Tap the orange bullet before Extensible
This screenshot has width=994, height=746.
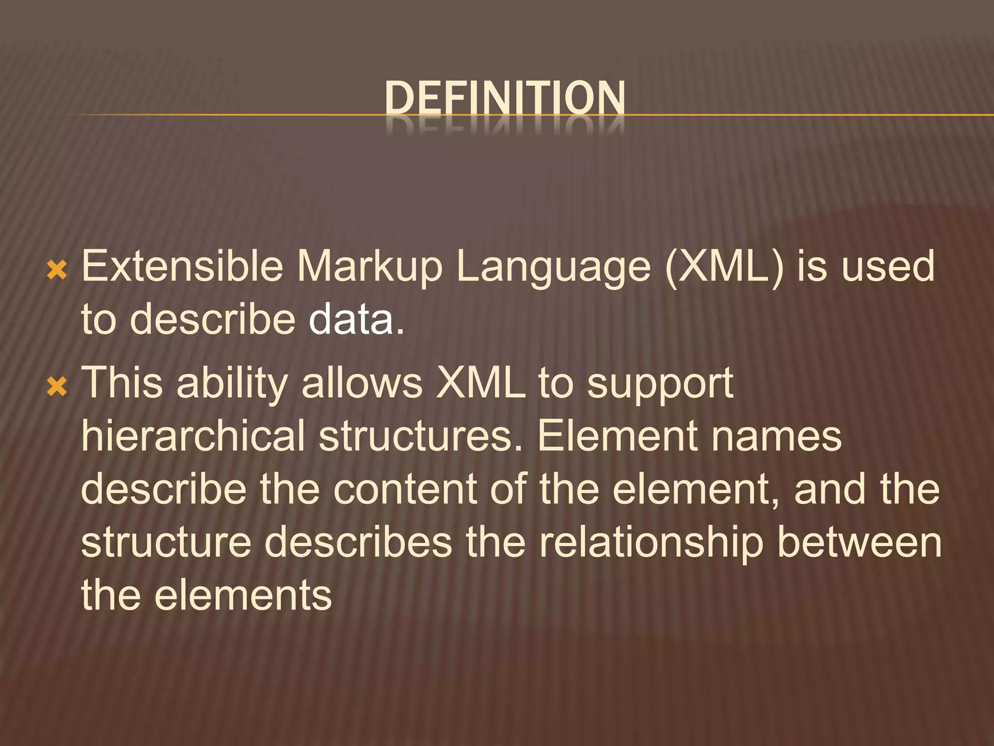57,270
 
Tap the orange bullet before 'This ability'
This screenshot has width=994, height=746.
57,387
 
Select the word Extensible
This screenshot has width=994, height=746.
182,266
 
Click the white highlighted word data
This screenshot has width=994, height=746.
351,320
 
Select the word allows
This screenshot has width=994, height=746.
362,384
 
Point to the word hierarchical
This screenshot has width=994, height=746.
193,436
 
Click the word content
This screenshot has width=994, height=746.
405,489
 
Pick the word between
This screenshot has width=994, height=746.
859,543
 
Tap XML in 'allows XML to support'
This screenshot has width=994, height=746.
481,384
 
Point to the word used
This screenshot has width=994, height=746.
888,266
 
